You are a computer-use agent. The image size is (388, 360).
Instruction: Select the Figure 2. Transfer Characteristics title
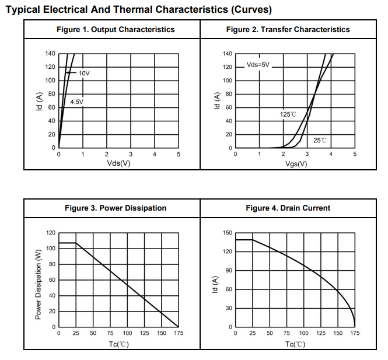coord(288,29)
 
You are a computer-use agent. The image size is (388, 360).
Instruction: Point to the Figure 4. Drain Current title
coord(288,208)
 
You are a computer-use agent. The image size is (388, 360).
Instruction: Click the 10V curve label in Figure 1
coord(84,74)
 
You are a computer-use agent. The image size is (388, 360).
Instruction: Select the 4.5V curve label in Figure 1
coord(77,102)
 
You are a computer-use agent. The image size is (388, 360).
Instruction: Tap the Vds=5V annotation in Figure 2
coord(258,65)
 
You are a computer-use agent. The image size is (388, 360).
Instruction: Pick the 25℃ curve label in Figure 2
coord(320,141)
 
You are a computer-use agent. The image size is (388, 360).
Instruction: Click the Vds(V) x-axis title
coord(118,163)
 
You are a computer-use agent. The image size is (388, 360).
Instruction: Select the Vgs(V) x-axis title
coord(296,163)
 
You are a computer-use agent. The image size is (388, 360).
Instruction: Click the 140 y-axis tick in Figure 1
coord(50,54)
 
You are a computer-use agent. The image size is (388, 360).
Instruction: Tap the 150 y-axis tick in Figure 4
coord(227,233)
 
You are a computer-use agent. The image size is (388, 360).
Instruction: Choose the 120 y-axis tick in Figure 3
coord(50,233)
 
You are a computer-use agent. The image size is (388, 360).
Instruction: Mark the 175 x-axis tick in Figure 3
coord(178,333)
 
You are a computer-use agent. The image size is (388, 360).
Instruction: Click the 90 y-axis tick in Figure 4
coord(229,271)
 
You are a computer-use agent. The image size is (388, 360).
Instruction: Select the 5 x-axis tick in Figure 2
coord(355,155)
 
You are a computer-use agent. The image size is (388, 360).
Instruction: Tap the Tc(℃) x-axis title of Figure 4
coord(295,344)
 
